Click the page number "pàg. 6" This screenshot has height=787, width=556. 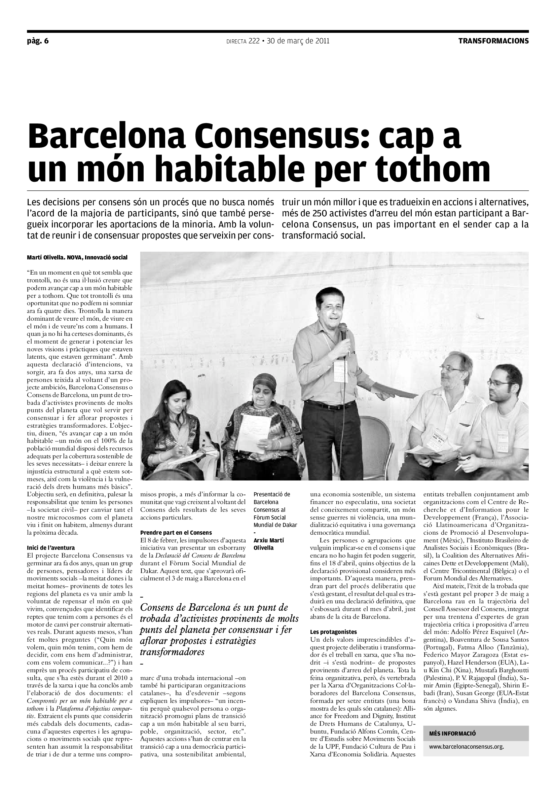click(38, 41)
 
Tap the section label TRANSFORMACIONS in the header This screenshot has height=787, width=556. click(493, 41)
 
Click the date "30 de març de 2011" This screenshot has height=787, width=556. click(298, 41)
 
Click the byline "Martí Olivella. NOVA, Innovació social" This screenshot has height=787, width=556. click(77, 257)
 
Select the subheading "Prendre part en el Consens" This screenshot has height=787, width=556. click(176, 533)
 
